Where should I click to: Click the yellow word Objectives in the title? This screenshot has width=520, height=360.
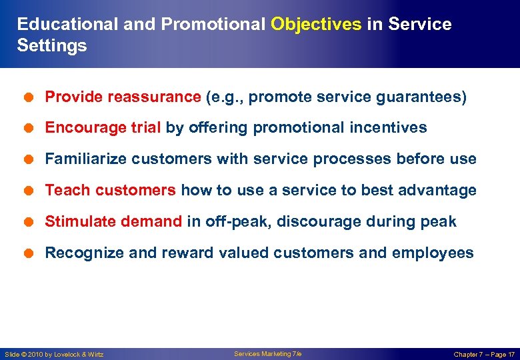click(x=316, y=25)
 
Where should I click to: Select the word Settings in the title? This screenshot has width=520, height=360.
click(x=52, y=46)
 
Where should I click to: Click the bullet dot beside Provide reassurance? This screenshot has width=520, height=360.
click(x=31, y=97)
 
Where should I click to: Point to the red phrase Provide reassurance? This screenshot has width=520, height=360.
click(x=123, y=97)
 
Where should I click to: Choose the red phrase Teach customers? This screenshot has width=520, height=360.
click(x=110, y=191)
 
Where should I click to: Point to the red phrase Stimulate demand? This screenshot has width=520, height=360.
click(x=113, y=222)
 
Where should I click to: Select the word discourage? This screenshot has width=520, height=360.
click(x=315, y=222)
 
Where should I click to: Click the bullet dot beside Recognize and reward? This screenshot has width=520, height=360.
click(x=31, y=253)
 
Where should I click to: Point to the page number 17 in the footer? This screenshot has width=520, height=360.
click(x=511, y=355)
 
